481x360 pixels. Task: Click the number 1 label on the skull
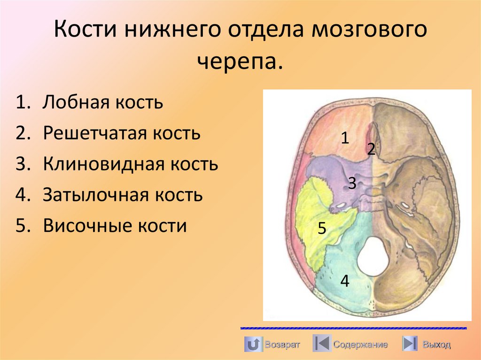point(345,138)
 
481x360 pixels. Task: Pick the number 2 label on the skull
point(371,150)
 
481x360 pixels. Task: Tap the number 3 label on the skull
point(352,183)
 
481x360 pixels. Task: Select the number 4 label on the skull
point(345,281)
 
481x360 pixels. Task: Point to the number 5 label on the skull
point(322,229)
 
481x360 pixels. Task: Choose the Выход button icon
point(410,344)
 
